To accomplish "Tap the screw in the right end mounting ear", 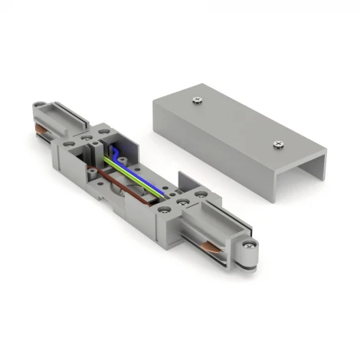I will point(249,245).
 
